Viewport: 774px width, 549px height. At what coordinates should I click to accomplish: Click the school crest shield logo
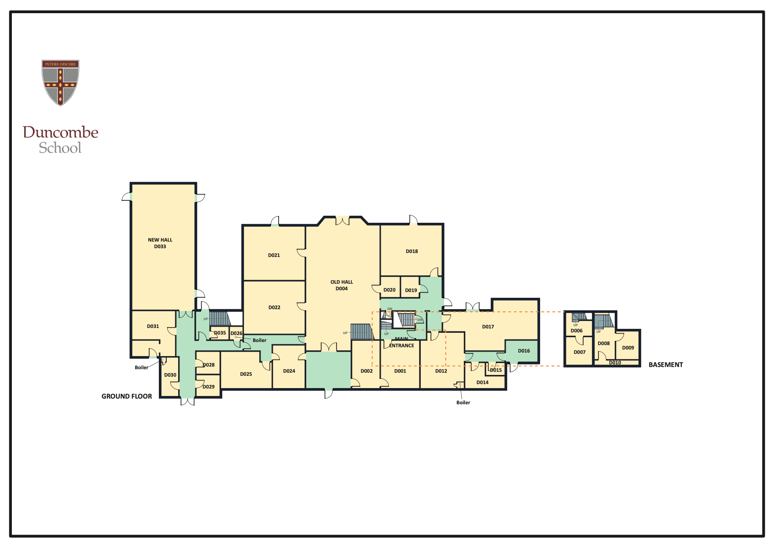tap(61, 82)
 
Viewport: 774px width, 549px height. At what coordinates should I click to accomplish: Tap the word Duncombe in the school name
tap(61, 132)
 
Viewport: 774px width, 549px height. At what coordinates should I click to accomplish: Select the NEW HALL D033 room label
tap(160, 243)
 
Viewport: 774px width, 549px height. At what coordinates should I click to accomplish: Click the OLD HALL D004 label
tap(341, 285)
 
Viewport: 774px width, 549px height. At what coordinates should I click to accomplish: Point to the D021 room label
tap(274, 255)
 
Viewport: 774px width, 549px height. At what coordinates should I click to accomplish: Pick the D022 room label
tap(274, 307)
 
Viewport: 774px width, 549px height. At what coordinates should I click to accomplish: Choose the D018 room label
tap(412, 251)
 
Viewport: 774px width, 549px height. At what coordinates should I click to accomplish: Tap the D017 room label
tap(488, 327)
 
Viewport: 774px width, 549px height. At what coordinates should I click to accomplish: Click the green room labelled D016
tap(523, 351)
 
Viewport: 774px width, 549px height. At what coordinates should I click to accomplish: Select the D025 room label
tap(246, 374)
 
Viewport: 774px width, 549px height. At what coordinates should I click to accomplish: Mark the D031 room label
tap(153, 326)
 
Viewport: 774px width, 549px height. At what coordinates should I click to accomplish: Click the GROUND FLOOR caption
tap(127, 396)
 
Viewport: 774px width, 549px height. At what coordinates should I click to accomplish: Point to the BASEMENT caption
tap(666, 365)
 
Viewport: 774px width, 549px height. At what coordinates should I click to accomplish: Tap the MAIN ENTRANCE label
tap(401, 342)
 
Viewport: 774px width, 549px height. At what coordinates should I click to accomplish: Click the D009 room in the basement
tap(628, 348)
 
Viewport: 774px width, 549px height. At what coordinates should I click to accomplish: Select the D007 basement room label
tap(580, 352)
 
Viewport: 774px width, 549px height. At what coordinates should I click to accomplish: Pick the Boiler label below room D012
tap(463, 403)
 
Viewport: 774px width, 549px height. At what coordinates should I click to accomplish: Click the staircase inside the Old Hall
tap(362, 332)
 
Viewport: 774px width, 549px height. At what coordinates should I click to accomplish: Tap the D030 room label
tap(170, 375)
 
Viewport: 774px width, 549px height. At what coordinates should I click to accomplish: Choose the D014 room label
tap(482, 382)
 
